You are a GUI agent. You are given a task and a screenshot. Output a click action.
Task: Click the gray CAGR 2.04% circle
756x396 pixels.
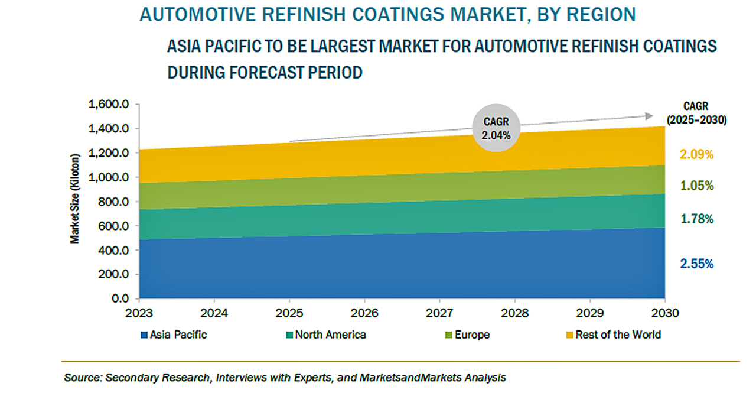[496, 128]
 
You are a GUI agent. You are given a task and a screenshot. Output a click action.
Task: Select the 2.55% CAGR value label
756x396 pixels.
[696, 264]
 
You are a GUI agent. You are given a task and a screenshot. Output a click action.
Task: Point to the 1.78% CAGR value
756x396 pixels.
[696, 219]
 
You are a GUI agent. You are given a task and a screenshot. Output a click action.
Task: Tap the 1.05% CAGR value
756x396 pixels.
[696, 186]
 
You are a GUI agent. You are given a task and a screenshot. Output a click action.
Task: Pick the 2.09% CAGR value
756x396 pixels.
[696, 155]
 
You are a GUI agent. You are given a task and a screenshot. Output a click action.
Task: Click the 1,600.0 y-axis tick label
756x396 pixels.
[109, 105]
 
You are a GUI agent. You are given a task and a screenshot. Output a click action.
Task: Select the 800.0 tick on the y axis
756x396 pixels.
[113, 202]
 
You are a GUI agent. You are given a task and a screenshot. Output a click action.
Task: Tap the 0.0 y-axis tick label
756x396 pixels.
[120, 299]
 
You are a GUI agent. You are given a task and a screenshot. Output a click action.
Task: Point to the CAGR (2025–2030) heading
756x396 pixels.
[696, 112]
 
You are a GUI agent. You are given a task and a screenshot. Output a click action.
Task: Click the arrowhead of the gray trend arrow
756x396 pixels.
[649, 116]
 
